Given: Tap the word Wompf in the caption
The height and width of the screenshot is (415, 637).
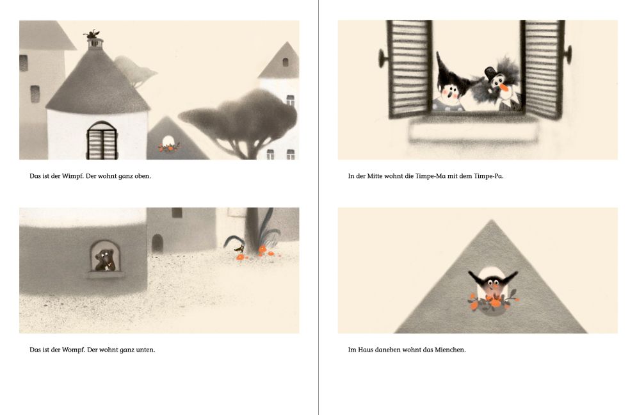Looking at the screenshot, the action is click(x=74, y=350).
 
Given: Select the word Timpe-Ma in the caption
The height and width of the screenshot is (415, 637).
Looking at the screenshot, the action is click(x=431, y=176).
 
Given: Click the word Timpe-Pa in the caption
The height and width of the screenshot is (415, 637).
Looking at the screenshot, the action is click(x=488, y=176).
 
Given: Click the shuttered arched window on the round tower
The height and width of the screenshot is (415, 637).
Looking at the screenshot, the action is click(x=102, y=140).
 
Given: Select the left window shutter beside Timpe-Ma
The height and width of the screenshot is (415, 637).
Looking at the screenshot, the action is click(x=410, y=69).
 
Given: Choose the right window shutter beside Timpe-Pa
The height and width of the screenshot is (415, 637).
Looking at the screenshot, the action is click(x=542, y=69).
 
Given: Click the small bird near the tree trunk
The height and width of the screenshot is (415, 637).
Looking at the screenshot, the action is click(x=239, y=248).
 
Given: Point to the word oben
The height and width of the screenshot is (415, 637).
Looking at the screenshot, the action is click(x=143, y=176).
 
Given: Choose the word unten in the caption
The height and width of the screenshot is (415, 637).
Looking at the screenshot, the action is click(x=146, y=350).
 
